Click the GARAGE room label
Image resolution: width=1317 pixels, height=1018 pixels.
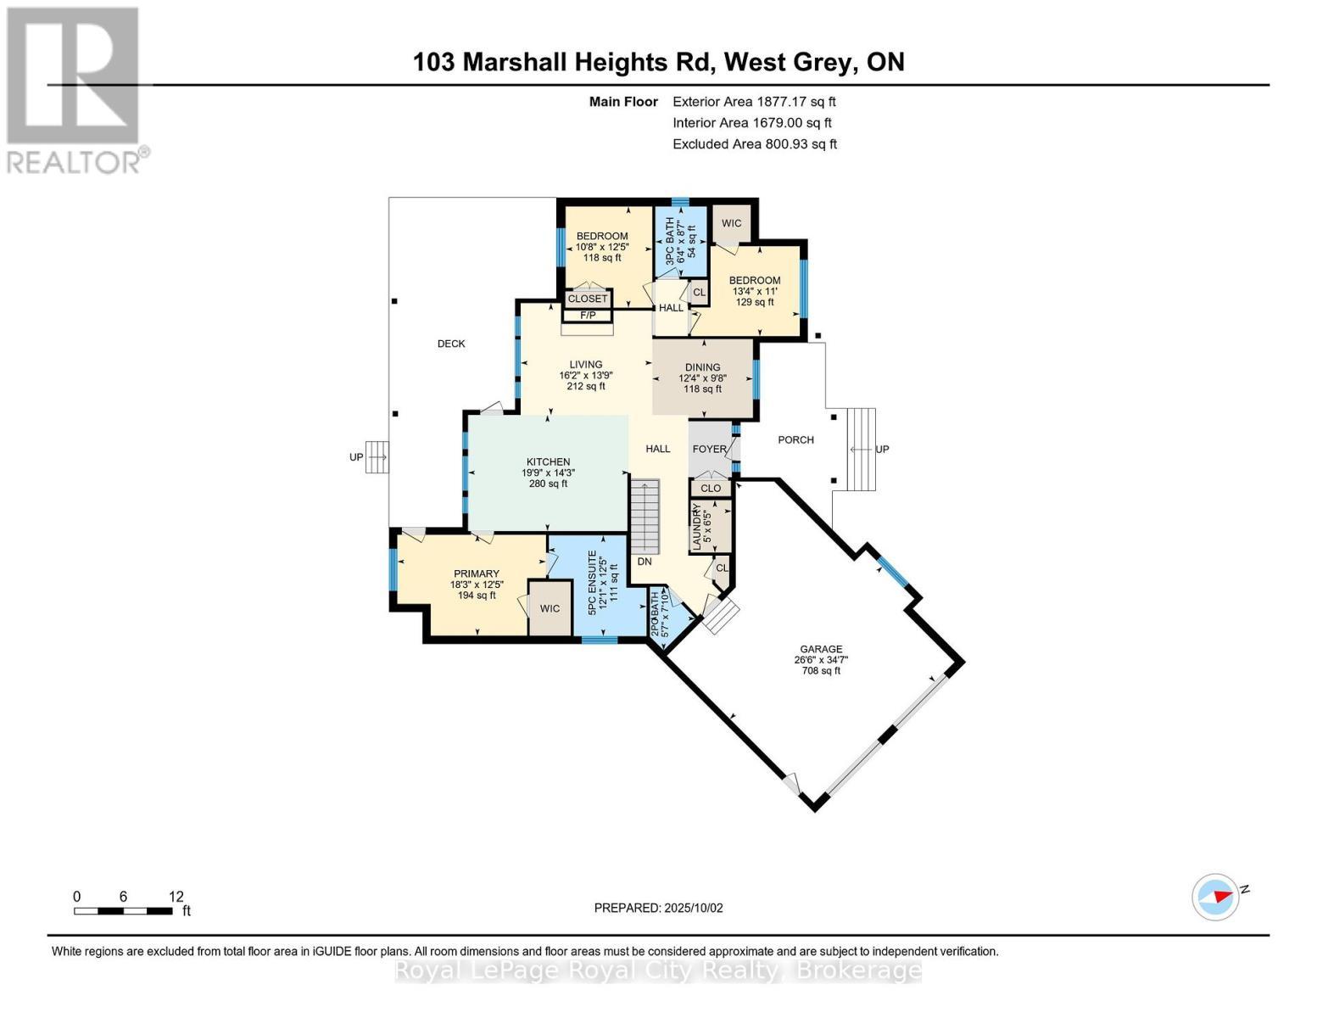820,650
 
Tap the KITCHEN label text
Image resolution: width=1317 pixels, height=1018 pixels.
548,462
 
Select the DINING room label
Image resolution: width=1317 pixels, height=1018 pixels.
702,367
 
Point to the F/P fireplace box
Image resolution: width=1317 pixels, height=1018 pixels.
588,316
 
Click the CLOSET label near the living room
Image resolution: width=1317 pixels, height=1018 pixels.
588,299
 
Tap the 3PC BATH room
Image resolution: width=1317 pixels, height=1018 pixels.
680,242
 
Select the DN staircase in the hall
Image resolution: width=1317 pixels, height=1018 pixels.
645,517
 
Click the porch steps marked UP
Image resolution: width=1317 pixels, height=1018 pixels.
862,449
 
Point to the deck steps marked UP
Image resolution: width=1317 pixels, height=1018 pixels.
377,457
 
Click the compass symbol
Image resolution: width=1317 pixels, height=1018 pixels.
1215,897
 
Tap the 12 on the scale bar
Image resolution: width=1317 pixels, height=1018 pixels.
176,897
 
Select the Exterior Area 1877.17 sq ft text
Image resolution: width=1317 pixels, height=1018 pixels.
754,102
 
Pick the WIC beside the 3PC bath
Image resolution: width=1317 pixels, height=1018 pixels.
731,224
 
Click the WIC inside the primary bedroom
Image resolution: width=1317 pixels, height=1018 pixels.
550,608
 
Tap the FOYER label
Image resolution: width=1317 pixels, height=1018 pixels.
709,449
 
